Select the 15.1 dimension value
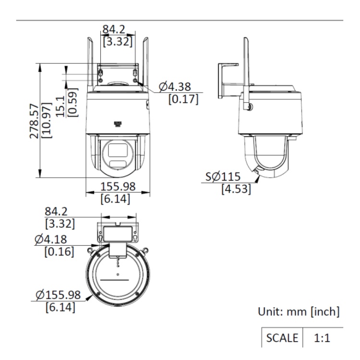(60, 107)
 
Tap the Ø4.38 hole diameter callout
(175, 87)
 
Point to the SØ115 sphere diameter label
(223, 177)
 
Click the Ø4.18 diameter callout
(51, 240)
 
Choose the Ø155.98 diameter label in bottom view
(58, 295)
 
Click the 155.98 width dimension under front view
(118, 186)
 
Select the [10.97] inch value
(47, 120)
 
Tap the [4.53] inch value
(236, 189)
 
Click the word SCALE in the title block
(282, 338)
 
